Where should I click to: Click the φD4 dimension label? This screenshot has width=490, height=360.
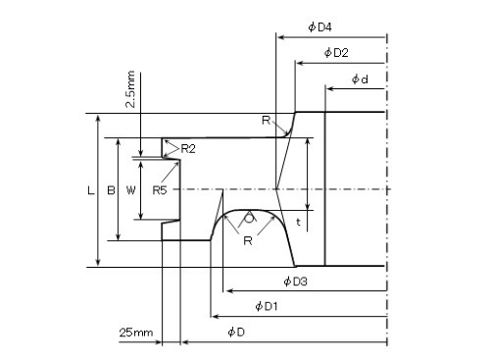pyautogui.click(x=319, y=27)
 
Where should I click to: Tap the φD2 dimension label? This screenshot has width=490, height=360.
pyautogui.click(x=336, y=52)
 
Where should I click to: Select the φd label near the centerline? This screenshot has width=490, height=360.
pyautogui.click(x=360, y=79)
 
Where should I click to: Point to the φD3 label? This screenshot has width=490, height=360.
pyautogui.click(x=295, y=282)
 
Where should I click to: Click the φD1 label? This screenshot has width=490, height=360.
pyautogui.click(x=267, y=307)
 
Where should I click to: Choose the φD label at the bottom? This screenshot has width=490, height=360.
pyautogui.click(x=236, y=333)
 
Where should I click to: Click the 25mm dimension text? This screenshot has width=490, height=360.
pyautogui.click(x=136, y=333)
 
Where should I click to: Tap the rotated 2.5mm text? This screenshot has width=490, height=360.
pyautogui.click(x=130, y=89)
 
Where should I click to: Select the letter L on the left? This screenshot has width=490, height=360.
pyautogui.click(x=91, y=190)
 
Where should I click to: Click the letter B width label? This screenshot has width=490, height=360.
pyautogui.click(x=111, y=190)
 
